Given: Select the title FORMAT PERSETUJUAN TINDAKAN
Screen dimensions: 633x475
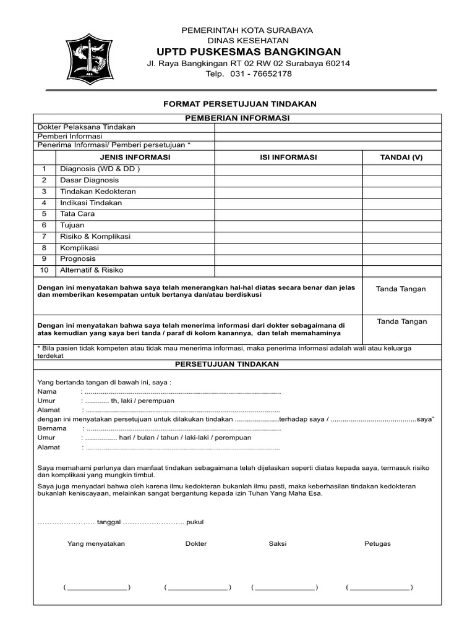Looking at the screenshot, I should point(240,104).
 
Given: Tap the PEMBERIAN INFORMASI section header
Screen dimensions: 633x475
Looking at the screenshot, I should point(237,118).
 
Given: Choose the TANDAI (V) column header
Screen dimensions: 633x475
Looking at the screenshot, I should point(401,158).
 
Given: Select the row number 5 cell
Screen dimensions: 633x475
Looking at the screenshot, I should point(45,214).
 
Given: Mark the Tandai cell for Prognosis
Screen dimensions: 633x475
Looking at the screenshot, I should point(401,259).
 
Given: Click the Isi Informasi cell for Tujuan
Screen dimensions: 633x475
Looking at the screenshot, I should point(288,225).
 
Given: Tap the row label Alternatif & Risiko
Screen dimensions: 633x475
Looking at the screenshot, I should point(92,270).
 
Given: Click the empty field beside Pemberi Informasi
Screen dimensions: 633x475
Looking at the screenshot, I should point(328,136).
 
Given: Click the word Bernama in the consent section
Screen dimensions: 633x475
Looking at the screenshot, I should point(52,428).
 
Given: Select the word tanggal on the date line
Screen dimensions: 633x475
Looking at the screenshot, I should point(108,522).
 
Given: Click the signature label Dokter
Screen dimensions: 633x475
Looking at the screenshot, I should point(196,544).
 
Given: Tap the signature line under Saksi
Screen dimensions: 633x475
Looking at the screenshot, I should point(285,588).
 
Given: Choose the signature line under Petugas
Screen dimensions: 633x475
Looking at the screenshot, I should point(380,588).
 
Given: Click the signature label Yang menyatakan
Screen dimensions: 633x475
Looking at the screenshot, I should point(96,544).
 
